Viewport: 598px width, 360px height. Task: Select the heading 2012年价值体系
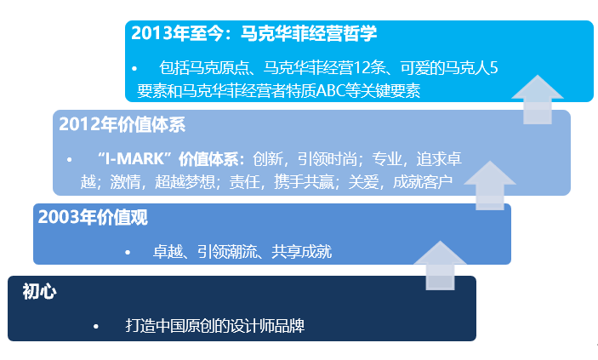pos(122,124)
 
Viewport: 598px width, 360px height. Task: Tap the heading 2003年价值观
pos(93,217)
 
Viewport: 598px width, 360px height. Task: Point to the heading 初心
pos(39,292)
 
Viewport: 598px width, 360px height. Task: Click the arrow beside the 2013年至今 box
pos(538,99)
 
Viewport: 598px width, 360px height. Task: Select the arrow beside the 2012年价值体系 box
pos(489,185)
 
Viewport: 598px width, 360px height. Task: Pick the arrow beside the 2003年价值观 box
pos(440,265)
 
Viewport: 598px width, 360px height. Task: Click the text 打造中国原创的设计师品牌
pos(214,326)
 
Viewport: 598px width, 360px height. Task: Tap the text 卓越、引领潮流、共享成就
pos(242,252)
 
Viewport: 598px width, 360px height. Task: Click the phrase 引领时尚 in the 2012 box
pos(326,159)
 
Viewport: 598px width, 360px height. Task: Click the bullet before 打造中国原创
pos(97,327)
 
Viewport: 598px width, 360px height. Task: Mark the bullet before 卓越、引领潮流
pos(128,253)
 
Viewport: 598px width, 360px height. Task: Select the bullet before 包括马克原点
pos(134,68)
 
